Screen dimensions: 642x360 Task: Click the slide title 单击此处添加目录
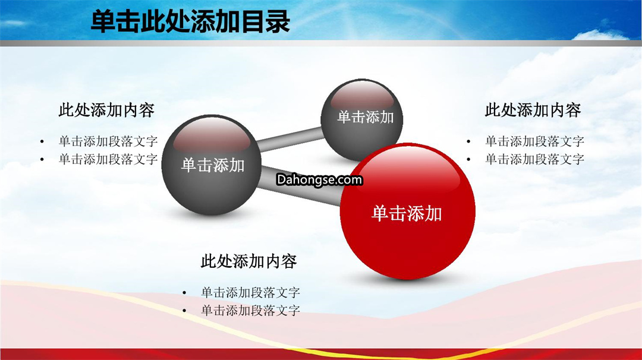tap(190, 21)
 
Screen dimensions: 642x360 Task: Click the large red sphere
tap(407, 211)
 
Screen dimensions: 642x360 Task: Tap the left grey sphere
tap(211, 165)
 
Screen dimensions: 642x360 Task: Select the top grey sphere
tap(362, 120)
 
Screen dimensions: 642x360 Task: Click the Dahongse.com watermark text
tap(319, 179)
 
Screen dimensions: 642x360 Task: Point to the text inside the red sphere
tap(407, 213)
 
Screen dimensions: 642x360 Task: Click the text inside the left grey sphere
tap(213, 165)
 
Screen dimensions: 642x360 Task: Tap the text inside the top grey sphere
tap(365, 118)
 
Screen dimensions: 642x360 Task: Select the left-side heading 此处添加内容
tap(106, 110)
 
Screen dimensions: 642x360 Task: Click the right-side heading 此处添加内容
tap(533, 110)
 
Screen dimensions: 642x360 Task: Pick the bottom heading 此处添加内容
tap(248, 261)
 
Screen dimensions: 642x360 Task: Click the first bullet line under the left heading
tap(108, 141)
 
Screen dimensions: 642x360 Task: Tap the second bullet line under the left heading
tap(108, 159)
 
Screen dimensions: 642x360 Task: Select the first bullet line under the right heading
tap(535, 141)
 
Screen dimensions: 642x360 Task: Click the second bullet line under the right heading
tap(535, 159)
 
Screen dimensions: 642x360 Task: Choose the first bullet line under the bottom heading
tap(251, 292)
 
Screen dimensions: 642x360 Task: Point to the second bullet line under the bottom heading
tap(251, 311)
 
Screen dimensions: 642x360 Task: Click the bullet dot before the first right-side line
tap(468, 142)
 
